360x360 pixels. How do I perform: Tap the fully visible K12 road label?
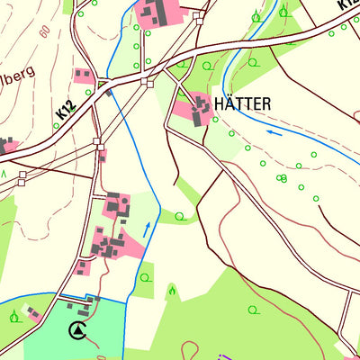pyautogui.click(x=65, y=110)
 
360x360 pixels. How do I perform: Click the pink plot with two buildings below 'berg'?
pyautogui.click(x=85, y=76)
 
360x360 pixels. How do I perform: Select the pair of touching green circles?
pyautogui.click(x=283, y=178)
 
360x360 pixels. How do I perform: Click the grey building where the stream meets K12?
pyautogui.click(x=109, y=90)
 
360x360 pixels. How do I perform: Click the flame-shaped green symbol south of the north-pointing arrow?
pyautogui.click(x=171, y=290)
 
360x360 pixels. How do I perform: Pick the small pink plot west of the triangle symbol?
pyautogui.click(x=33, y=312)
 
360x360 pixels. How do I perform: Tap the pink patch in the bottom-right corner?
pyautogui.click(x=347, y=351)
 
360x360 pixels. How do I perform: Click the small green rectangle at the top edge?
pyautogui.click(x=68, y=5)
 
